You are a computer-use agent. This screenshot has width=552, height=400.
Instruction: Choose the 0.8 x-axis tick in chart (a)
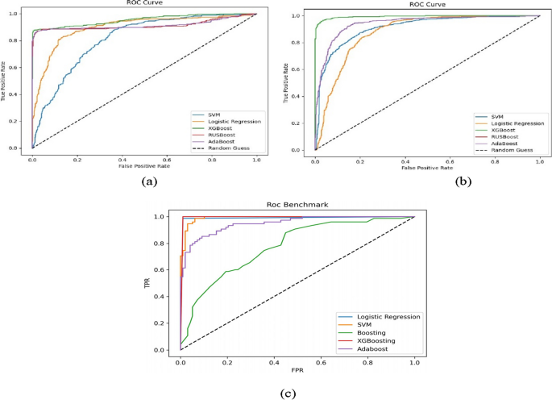[211, 160]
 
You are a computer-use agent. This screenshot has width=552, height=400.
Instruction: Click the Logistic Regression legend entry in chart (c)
[390, 316]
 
